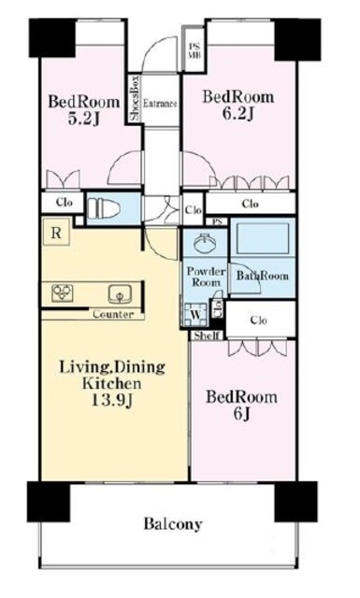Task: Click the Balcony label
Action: pos(173,524)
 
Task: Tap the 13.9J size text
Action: pos(112,400)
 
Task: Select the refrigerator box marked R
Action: pos(56,233)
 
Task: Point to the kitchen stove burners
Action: pos(63,293)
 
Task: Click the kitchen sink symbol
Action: pos(121,294)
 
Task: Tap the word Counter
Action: pos(113,315)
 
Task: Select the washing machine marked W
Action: pos(195,315)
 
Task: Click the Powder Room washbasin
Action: pos(205,243)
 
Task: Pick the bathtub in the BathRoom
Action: pos(263,238)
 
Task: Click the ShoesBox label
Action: pos(136,99)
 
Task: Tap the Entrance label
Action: pos(160,104)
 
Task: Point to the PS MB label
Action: pos(194,50)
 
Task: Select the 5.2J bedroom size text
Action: pos(83,119)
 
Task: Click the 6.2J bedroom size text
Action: pos(238,114)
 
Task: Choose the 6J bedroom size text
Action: pos(241,415)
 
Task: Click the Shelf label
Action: pos(206,335)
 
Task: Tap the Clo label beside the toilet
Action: pos(64,203)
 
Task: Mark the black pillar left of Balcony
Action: pos(49,501)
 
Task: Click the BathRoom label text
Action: pos(262,276)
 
